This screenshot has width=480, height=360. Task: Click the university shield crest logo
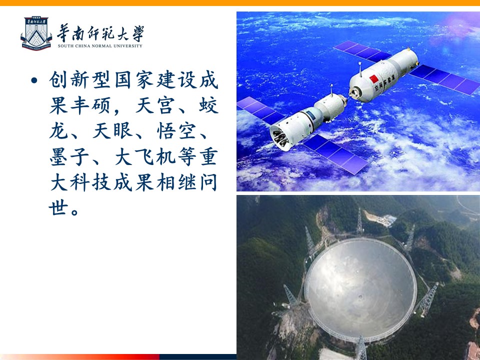tap(36, 33)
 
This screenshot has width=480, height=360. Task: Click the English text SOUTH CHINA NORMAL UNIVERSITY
tap(100, 46)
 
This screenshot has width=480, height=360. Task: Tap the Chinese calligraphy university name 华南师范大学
tap(100, 33)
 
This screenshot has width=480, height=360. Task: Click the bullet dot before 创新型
tap(34, 80)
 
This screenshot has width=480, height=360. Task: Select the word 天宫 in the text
tap(155, 105)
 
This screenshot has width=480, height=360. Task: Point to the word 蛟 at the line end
tap(208, 105)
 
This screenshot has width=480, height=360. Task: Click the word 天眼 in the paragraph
tap(112, 131)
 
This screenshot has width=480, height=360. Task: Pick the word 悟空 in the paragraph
tap(176, 131)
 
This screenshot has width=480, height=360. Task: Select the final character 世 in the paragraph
tap(58, 208)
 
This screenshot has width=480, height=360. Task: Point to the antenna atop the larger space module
tap(360, 69)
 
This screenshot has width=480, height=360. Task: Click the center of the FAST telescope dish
tap(360, 289)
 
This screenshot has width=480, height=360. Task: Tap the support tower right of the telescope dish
tap(427, 299)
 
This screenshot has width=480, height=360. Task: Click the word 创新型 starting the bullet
tap(79, 80)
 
